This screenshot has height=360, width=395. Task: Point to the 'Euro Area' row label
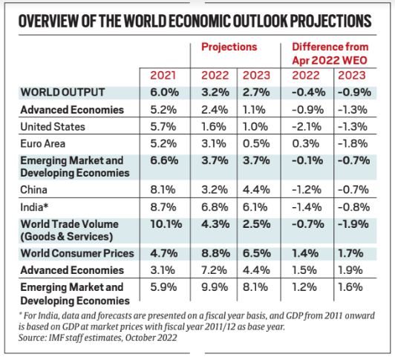[x=45, y=143]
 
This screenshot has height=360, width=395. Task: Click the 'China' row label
[x=36, y=189]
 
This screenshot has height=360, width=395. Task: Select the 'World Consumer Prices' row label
[x=75, y=254]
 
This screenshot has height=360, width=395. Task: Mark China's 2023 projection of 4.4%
[x=255, y=189]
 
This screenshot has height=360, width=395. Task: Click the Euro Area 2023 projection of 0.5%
[x=255, y=143]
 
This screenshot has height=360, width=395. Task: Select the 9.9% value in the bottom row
[x=213, y=288]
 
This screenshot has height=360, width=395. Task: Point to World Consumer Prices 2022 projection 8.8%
[x=214, y=254]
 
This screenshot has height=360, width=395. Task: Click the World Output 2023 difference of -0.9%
[x=355, y=92]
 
